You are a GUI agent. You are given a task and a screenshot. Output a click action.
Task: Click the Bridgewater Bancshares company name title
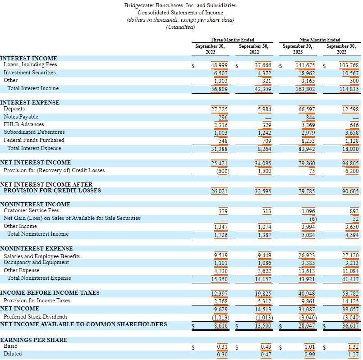(180, 5)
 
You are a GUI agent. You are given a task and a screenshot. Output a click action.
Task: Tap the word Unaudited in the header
(180, 27)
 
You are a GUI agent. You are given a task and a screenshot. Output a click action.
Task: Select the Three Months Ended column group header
(232, 40)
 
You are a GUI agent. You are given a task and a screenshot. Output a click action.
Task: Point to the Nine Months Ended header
(320, 40)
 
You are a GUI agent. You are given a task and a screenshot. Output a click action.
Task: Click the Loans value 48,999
(219, 65)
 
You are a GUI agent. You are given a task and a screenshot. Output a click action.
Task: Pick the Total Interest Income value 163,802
(305, 89)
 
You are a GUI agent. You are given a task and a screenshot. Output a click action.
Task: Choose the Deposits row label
(14, 109)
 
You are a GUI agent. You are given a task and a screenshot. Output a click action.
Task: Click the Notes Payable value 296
(223, 117)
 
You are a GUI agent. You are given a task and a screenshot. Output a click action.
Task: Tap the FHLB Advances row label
(23, 124)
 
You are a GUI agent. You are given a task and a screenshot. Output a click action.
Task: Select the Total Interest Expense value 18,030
(350, 149)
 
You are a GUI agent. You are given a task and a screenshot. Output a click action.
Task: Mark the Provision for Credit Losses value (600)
(223, 171)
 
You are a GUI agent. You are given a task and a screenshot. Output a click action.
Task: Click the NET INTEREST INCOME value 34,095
(263, 164)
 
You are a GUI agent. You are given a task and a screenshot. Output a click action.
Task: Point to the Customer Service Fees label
(31, 210)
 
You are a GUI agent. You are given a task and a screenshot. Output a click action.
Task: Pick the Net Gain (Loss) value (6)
(313, 219)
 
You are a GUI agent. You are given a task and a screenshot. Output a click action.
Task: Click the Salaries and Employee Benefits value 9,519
(221, 255)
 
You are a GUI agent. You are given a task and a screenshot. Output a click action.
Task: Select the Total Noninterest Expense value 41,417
(350, 279)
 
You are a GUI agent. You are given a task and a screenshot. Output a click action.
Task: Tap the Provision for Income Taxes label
(37, 301)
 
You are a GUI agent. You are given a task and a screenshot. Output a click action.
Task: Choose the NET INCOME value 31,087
(307, 310)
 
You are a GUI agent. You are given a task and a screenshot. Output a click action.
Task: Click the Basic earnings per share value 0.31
(222, 347)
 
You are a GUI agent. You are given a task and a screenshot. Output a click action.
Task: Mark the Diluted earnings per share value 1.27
(353, 355)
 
